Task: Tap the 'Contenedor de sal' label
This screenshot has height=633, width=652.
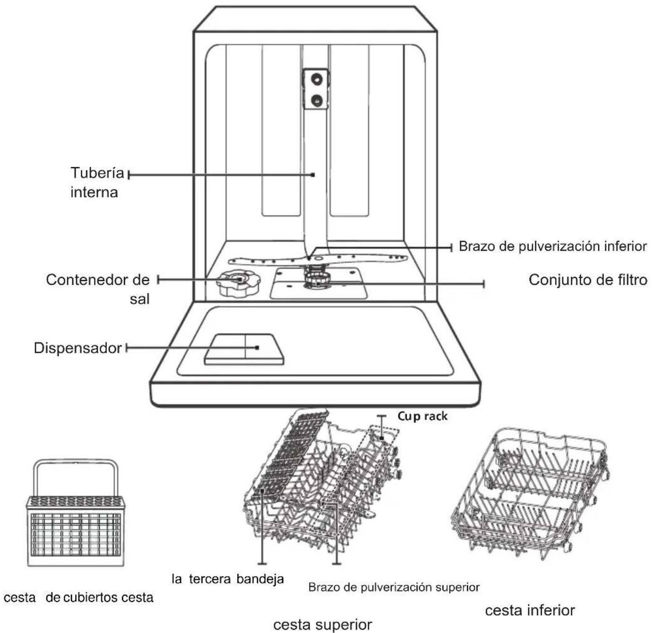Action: click(98, 289)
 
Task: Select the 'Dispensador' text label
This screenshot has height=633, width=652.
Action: click(78, 348)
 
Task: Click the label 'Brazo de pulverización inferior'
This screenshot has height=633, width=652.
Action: click(553, 247)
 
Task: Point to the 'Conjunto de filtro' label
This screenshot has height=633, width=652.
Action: click(588, 280)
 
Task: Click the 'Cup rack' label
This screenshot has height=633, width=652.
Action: click(423, 416)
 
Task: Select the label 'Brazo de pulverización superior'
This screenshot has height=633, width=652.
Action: click(394, 587)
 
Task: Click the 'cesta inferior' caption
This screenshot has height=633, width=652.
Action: click(530, 610)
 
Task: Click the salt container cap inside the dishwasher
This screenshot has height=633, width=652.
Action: click(238, 283)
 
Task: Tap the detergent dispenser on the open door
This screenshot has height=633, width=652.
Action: click(244, 349)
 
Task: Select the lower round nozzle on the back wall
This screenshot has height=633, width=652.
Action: click(316, 99)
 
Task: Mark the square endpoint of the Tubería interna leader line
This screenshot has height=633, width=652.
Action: click(313, 175)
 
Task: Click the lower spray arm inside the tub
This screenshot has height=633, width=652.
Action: click(317, 260)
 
